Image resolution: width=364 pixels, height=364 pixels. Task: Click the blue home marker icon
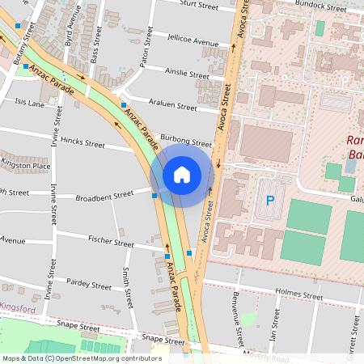click(x=182, y=174)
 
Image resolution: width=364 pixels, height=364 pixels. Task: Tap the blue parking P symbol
click(x=270, y=201)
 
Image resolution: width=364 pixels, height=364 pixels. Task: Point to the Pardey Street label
click(x=89, y=286)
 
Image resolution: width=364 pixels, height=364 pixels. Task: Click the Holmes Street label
click(x=298, y=295)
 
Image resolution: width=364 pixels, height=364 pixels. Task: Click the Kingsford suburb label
click(x=17, y=308)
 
